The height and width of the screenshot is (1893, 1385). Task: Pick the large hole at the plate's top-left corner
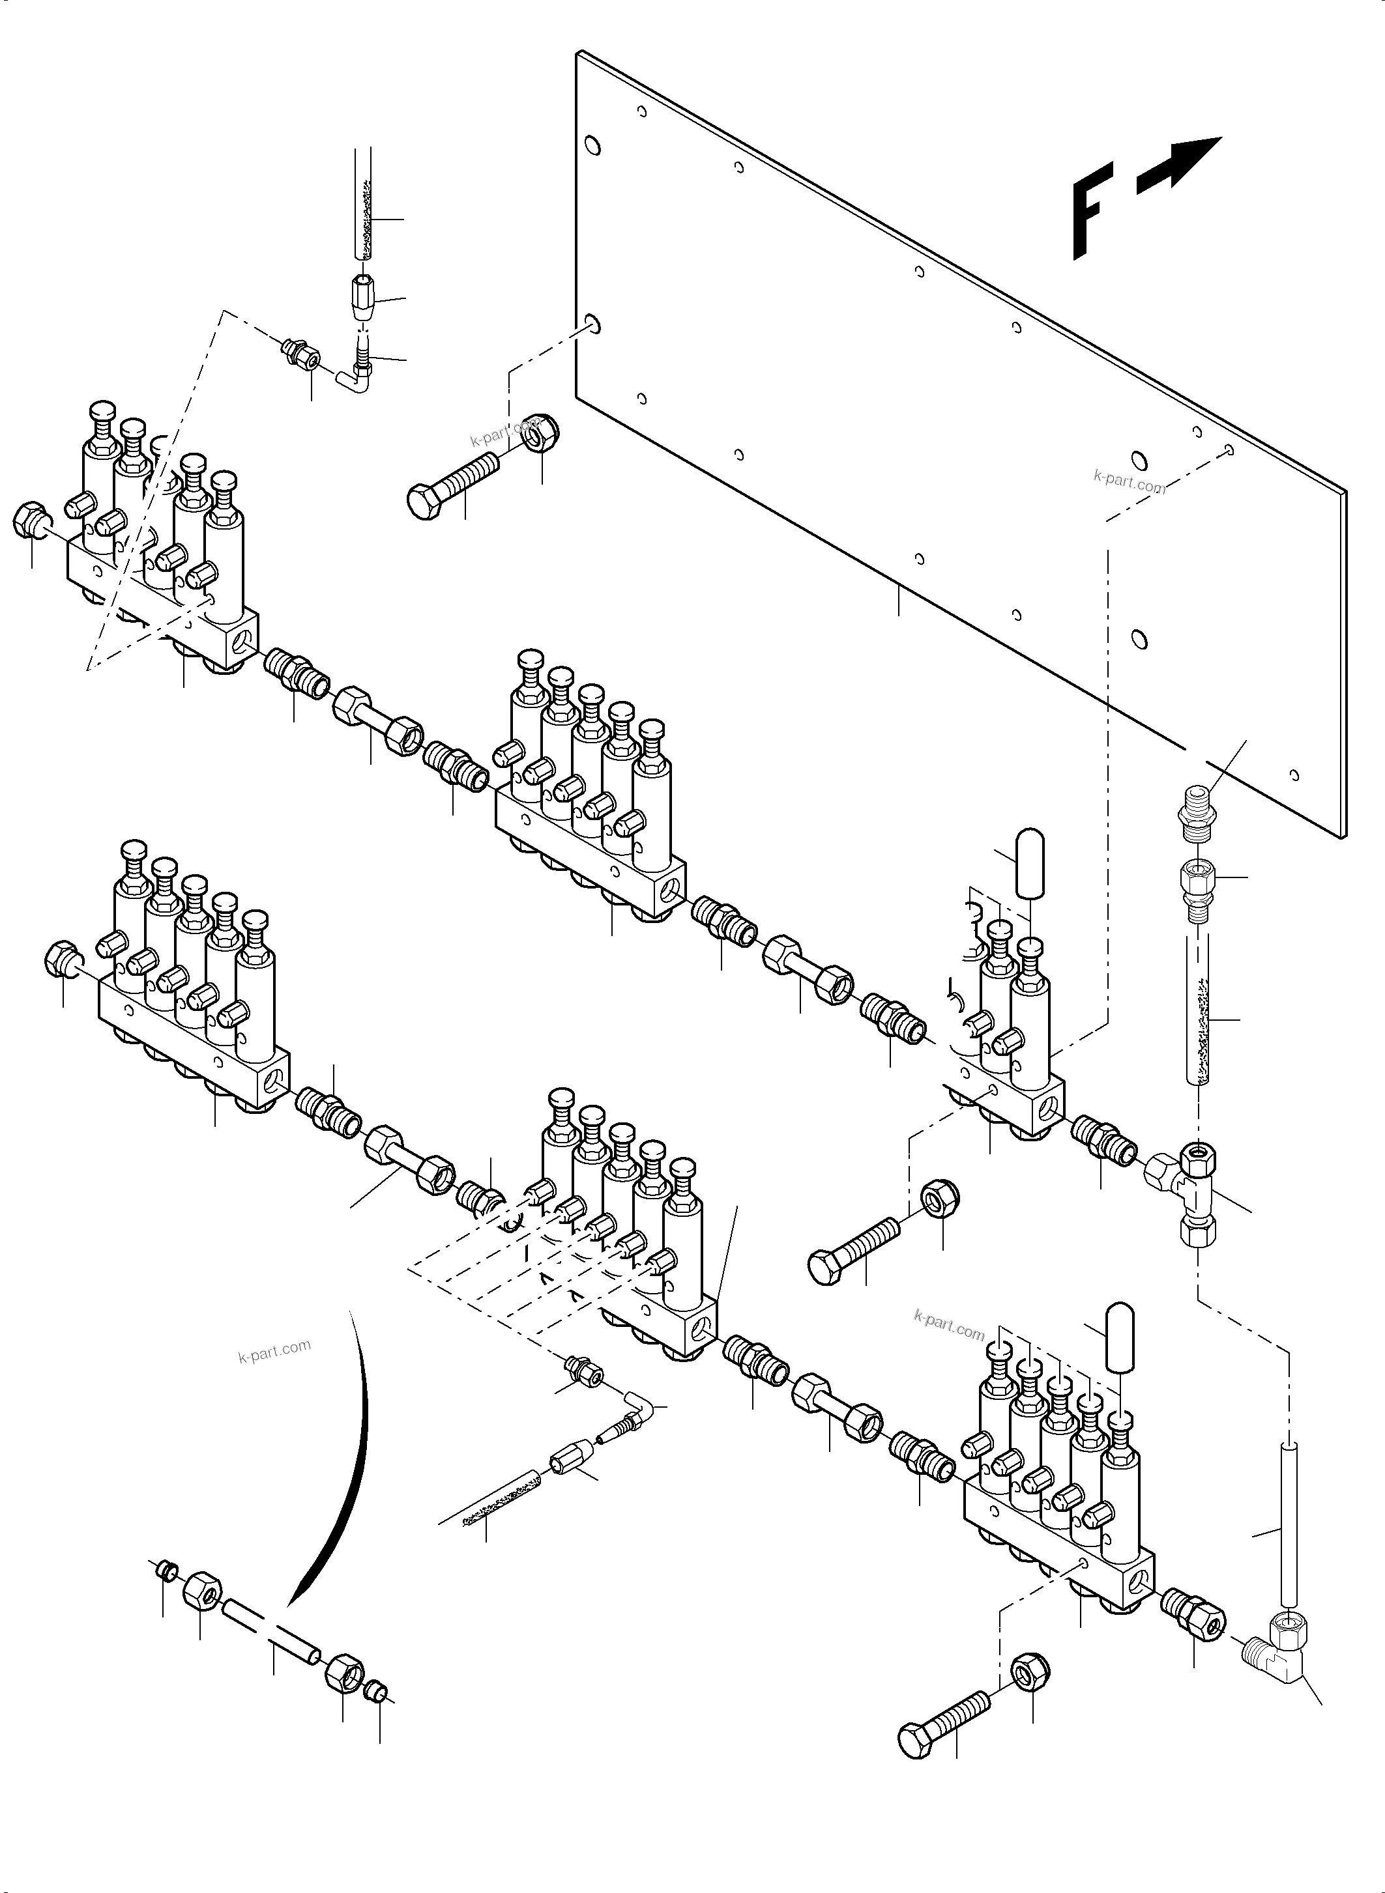592,147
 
